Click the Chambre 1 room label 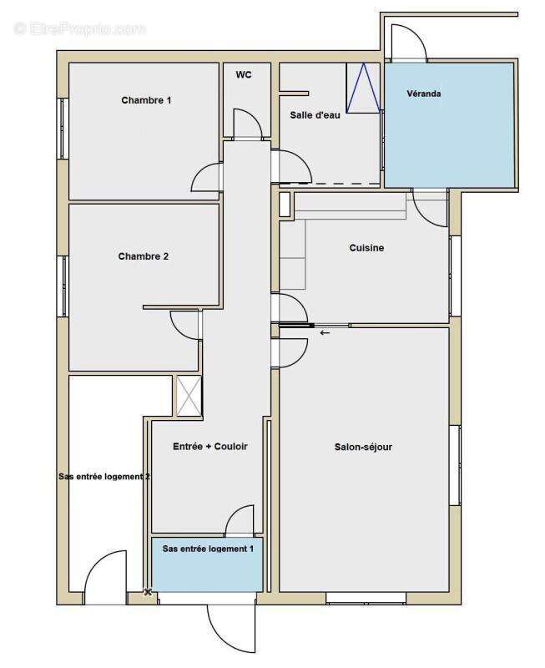(146, 100)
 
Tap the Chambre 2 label (143, 256)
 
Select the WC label (244, 74)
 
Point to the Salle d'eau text (315, 115)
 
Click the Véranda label (424, 94)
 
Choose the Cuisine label (366, 248)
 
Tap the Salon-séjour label (363, 447)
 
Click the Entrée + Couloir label (210, 447)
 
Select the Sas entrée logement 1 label (208, 549)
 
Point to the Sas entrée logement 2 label (104, 476)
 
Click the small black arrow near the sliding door (325, 332)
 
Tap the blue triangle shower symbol (363, 89)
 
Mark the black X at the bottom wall (148, 592)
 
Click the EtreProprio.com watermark (80, 29)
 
